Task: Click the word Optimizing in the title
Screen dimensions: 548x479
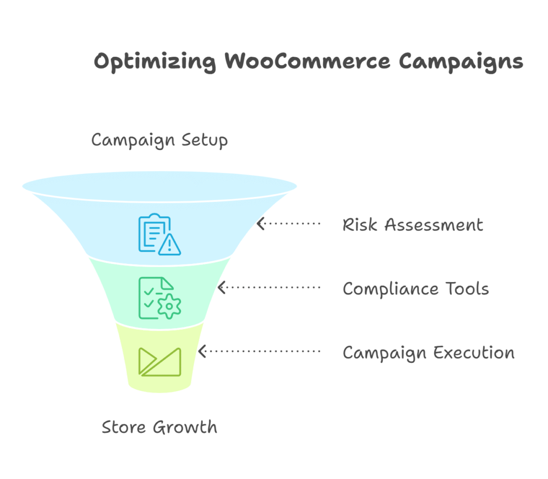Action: click(155, 62)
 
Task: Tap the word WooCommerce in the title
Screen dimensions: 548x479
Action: click(307, 61)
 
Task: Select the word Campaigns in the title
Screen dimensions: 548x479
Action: click(461, 62)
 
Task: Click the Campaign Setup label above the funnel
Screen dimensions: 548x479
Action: click(159, 141)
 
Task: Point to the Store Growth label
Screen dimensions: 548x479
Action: click(159, 427)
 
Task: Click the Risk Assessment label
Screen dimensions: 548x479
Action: click(413, 224)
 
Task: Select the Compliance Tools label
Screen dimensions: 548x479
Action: click(416, 289)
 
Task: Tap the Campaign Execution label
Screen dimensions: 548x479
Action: click(429, 353)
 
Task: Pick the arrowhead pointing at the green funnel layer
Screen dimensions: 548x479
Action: click(221, 287)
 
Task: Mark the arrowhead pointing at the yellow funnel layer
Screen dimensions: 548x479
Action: click(202, 351)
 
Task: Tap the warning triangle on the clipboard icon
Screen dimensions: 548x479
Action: click(170, 245)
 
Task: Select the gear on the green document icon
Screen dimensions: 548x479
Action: click(170, 306)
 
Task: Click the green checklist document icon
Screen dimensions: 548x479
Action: click(159, 298)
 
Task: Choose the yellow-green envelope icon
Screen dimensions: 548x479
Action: click(159, 362)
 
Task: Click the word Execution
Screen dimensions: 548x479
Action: click(474, 352)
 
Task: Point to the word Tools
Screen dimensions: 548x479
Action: click(467, 289)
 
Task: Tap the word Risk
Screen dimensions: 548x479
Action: click(360, 224)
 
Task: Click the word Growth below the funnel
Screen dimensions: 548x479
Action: click(185, 427)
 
